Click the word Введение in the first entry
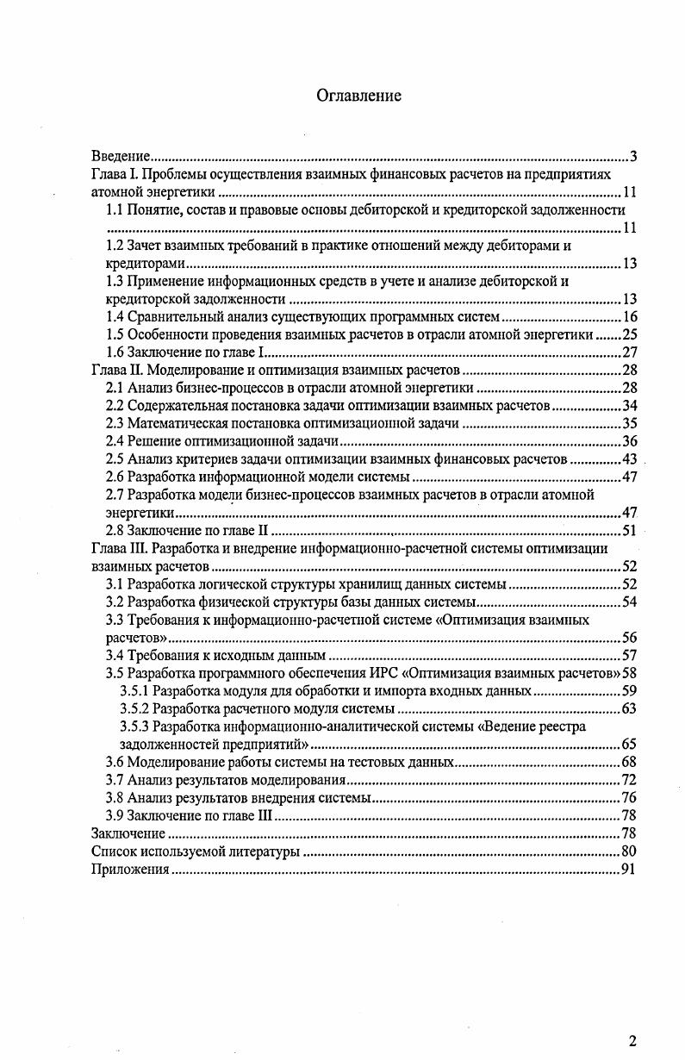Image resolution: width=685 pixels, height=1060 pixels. click(121, 157)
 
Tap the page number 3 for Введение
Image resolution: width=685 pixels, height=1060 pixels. click(632, 157)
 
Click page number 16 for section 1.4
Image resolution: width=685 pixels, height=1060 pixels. click(629, 316)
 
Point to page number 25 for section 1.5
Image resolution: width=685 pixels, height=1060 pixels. click(629, 334)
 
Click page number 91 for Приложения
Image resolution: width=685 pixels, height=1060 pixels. click(628, 870)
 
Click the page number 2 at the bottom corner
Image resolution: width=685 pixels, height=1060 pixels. click(632, 1040)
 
